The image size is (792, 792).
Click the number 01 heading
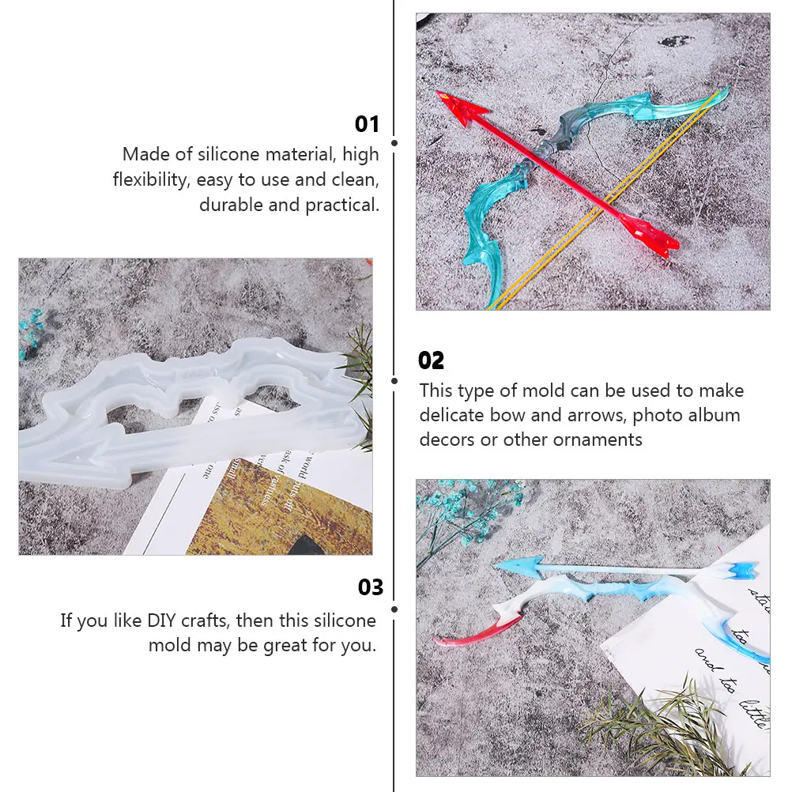tap(367, 124)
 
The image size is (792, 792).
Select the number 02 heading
tap(431, 360)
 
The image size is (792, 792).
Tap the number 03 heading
tap(370, 587)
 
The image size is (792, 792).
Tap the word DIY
tap(164, 620)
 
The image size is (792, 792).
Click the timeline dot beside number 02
tap(394, 380)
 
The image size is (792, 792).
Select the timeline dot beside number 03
tap(394, 609)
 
